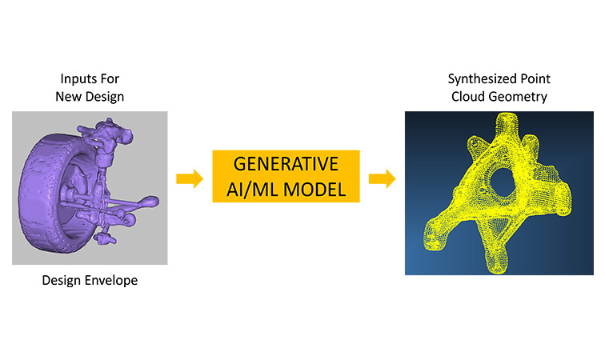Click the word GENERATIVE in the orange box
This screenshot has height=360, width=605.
click(286, 164)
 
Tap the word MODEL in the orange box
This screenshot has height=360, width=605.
click(315, 190)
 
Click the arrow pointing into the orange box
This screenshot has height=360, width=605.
click(190, 178)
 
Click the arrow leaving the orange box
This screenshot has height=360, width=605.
click(382, 178)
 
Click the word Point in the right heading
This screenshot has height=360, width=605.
click(535, 78)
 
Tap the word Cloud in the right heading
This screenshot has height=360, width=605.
click(468, 97)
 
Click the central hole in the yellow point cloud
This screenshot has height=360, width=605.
click(502, 183)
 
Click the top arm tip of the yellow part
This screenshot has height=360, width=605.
click(507, 118)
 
